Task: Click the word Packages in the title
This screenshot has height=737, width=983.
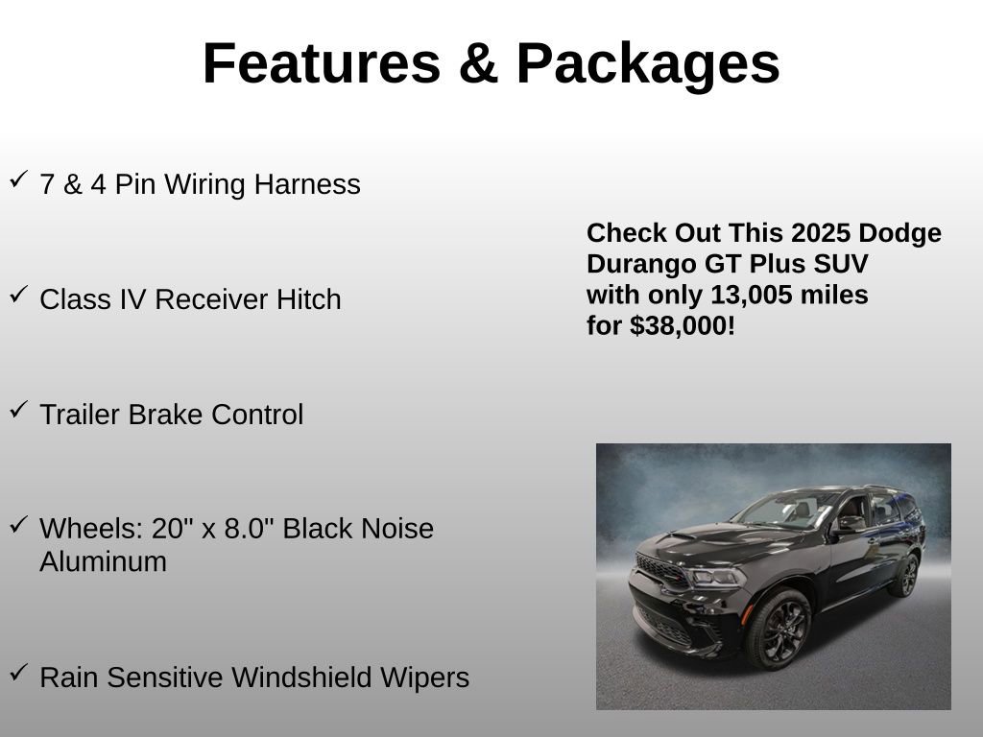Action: tap(648, 63)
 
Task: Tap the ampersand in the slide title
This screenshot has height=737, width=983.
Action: tap(478, 63)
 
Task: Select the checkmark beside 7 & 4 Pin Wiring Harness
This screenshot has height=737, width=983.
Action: tap(18, 179)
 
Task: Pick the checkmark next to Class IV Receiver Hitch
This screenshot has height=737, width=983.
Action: tap(18, 295)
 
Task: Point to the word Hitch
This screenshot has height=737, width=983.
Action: tap(309, 299)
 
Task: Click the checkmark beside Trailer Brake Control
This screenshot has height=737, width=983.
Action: tap(18, 410)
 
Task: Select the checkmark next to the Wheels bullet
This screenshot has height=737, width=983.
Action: tap(18, 524)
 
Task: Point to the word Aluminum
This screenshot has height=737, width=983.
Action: tap(103, 561)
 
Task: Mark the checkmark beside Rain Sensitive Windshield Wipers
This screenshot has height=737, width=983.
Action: tap(18, 673)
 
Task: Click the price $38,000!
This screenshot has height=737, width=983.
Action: tap(683, 325)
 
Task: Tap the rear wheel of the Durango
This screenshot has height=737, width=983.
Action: tap(905, 574)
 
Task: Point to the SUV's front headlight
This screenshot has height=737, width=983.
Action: tap(715, 576)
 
